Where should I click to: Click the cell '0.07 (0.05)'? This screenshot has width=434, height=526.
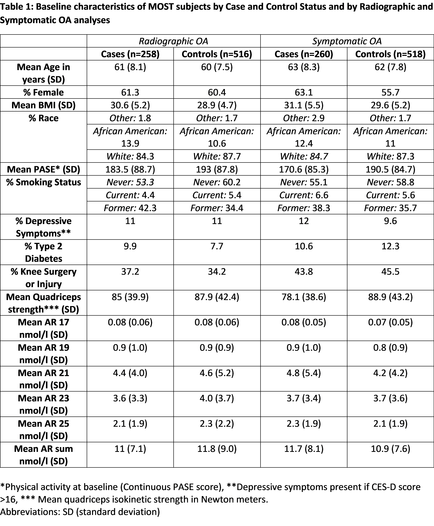(x=390, y=322)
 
